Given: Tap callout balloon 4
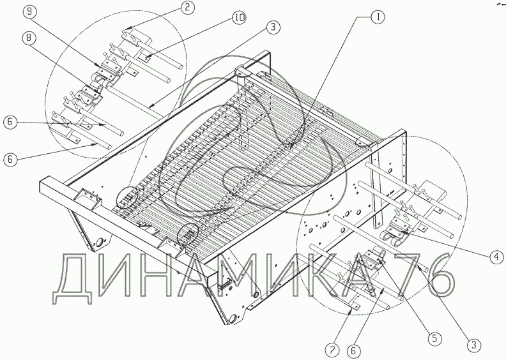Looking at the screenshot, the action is tap(494, 257).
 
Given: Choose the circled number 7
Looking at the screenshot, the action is tap(332, 349).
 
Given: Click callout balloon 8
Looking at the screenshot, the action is tap(27, 39).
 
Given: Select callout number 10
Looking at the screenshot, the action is tap(239, 19).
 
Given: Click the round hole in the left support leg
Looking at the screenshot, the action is tap(100, 243).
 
